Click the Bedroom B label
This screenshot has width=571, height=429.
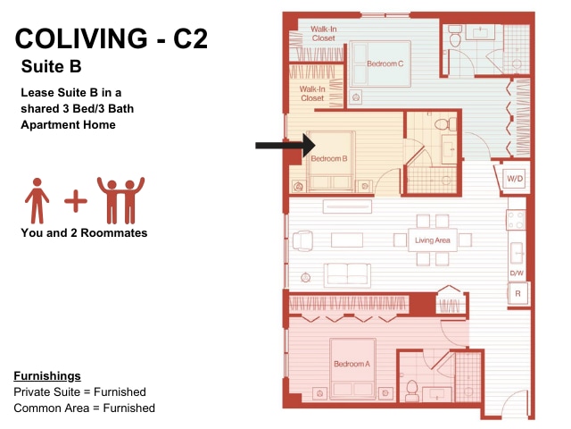coord(329,159)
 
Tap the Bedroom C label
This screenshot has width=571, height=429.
coord(385,63)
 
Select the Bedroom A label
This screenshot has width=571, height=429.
coord(352,364)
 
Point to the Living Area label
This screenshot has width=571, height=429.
coord(432,240)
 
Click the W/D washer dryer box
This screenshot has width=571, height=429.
coord(515,179)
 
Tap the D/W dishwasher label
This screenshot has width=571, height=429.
coord(517,273)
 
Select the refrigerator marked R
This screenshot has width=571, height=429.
coord(517,294)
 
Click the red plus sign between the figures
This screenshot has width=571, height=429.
coord(76,200)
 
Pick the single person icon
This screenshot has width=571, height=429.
coord(37,200)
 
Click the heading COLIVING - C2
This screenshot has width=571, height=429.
coord(111,38)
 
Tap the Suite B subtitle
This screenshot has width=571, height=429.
coord(52,67)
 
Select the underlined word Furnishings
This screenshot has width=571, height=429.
coord(47,375)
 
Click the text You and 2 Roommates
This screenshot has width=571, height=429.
coord(84,232)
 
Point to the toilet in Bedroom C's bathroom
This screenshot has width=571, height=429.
coord(455,36)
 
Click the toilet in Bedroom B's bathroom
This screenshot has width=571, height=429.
coord(445,124)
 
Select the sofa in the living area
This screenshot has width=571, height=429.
coord(347,273)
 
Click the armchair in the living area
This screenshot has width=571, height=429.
coord(302,240)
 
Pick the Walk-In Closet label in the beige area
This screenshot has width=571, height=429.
coord(312,93)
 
